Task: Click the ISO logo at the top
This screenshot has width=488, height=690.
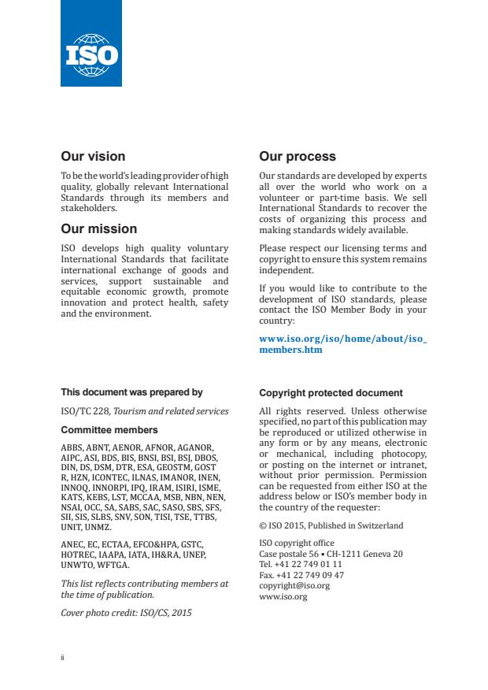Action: tap(91, 43)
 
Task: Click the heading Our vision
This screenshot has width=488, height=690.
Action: tap(93, 157)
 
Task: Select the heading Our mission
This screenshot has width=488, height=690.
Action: tap(98, 229)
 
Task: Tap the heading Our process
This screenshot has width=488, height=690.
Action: tap(298, 157)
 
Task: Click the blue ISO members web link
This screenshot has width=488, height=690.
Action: tap(342, 344)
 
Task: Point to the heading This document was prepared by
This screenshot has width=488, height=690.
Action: tap(131, 391)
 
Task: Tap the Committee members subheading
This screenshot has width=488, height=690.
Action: tap(109, 430)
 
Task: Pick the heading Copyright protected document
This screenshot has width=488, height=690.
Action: tap(331, 393)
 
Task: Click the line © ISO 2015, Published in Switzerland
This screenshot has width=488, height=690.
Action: tap(331, 525)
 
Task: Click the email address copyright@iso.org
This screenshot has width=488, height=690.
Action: tap(294, 586)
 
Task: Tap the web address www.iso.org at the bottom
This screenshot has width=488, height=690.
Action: tap(283, 596)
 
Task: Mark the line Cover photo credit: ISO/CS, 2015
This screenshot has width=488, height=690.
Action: tap(126, 612)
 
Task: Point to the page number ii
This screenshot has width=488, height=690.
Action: tap(63, 656)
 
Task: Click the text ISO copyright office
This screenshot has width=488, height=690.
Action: tap(296, 543)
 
